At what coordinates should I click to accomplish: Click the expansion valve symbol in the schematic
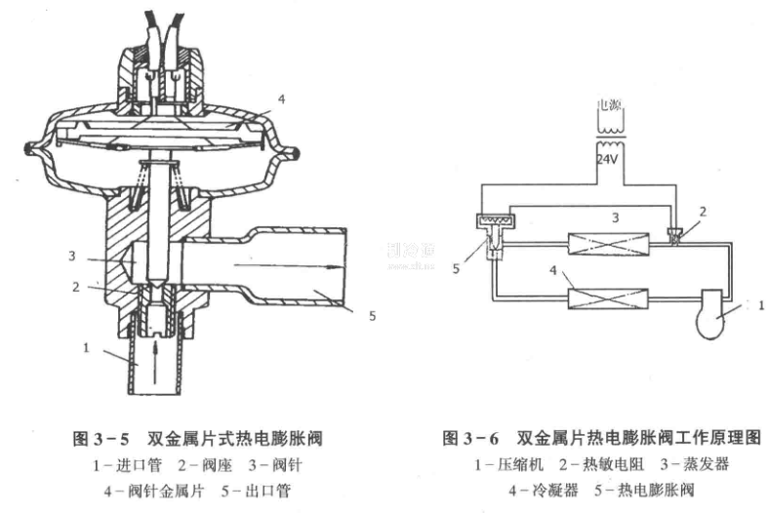pyautogui.click(x=494, y=230)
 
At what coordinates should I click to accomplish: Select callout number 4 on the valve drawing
pyautogui.click(x=281, y=98)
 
